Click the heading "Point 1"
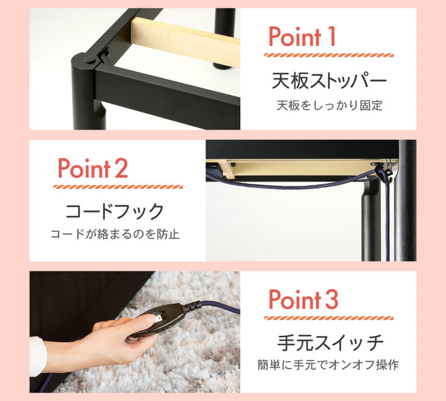point(302,36)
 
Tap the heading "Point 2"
point(93,168)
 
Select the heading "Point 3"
point(303,300)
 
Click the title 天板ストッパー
point(329,81)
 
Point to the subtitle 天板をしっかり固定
point(329,106)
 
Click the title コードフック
point(115,211)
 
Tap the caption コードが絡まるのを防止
point(115,234)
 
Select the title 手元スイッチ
point(330,343)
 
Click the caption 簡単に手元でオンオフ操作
point(328,365)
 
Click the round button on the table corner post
point(90,60)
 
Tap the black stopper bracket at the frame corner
point(103,56)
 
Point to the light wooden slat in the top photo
point(185,41)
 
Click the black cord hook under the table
point(383,175)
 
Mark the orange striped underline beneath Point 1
point(329,56)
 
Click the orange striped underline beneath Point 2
point(118,187)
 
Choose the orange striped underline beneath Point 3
point(329,318)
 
